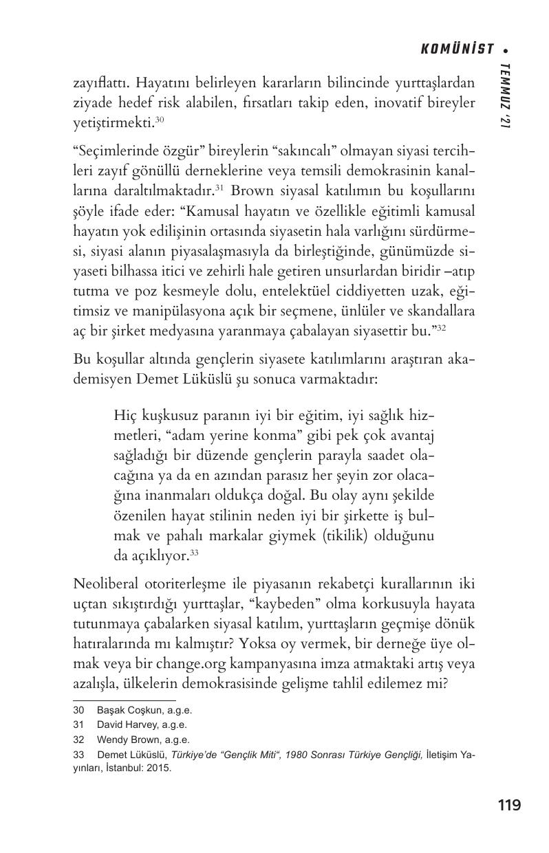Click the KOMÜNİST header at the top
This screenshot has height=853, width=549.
(x=457, y=49)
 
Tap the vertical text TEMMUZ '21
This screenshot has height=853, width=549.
(x=506, y=96)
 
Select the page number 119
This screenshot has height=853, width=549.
(x=508, y=805)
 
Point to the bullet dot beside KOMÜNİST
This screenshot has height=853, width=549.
(x=506, y=49)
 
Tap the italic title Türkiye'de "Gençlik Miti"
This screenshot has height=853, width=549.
(x=224, y=755)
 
